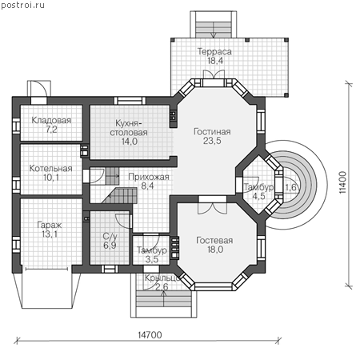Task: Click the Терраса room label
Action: pos(214,51)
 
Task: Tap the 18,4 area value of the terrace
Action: pos(215,61)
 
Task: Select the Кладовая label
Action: pos(51,120)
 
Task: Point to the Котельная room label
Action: pos(50,168)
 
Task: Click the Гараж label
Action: pos(50,225)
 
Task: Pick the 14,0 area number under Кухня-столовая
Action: pos(130,142)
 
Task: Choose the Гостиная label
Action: pos(212,131)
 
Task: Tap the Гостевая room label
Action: pos(214,240)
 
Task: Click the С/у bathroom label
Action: pos(110,236)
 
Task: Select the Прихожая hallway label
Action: pos(149,177)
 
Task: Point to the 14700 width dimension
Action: pos(150,334)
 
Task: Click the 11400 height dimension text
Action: pos(343,182)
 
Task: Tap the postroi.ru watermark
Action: pos(22,5)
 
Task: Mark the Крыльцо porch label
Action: pos(162,278)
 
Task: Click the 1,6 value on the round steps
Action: pos(290,187)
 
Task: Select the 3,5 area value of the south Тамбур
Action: pos(152,259)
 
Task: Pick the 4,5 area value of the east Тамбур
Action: pos(258,196)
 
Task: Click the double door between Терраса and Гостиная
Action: pos(214,74)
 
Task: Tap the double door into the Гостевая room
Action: pos(213,208)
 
